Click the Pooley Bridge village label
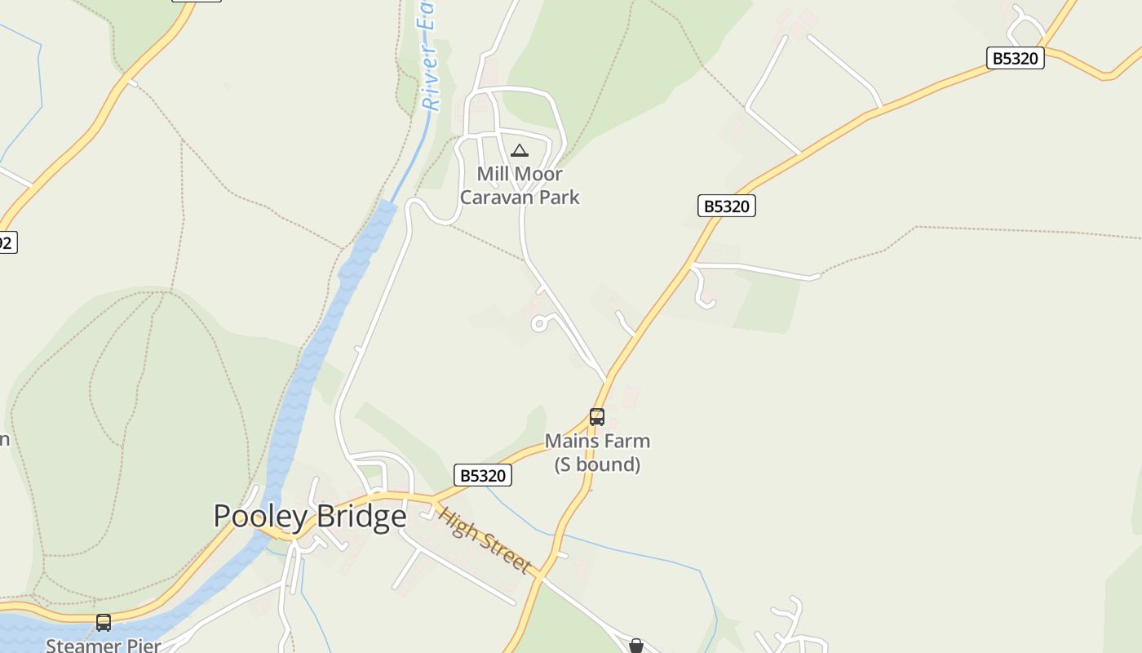pyautogui.click(x=310, y=517)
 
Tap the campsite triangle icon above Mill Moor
pyautogui.click(x=519, y=151)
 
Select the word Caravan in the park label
pyautogui.click(x=490, y=197)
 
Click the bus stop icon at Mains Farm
pyautogui.click(x=597, y=417)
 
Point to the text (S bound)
pyautogui.click(x=597, y=464)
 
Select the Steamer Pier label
pyautogui.click(x=104, y=645)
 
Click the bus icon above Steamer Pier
pyautogui.click(x=104, y=623)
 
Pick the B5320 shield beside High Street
pyautogui.click(x=483, y=475)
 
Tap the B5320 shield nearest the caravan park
pyautogui.click(x=727, y=206)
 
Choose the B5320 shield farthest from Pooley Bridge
pyautogui.click(x=1015, y=58)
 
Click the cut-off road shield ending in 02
pyautogui.click(x=7, y=242)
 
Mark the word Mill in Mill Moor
pyautogui.click(x=494, y=174)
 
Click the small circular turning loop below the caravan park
pyautogui.click(x=538, y=324)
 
